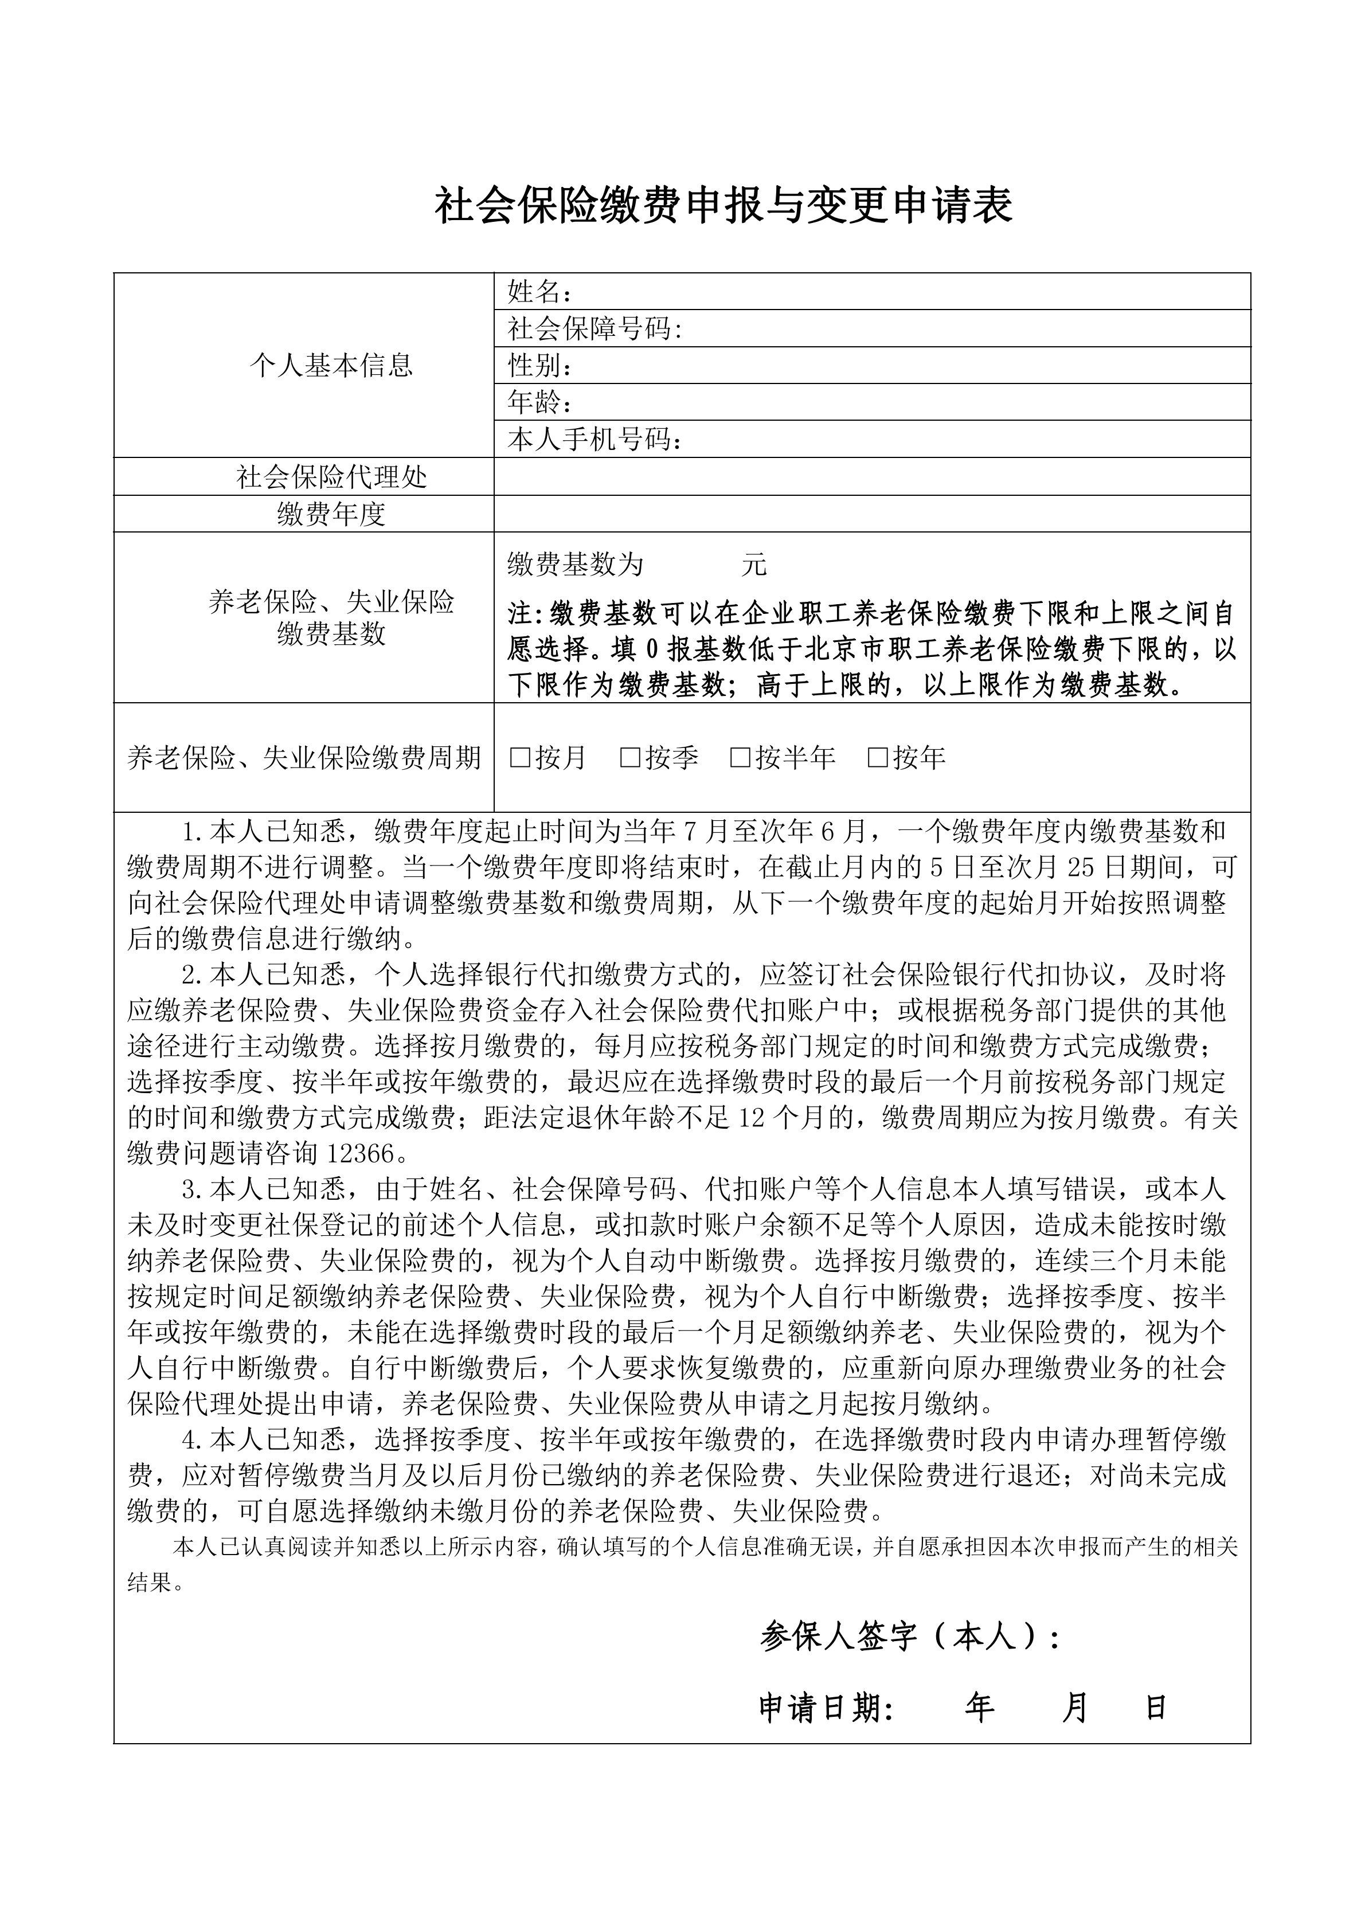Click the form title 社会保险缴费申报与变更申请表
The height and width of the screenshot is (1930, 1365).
click(723, 206)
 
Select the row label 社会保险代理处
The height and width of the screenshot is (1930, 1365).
click(331, 477)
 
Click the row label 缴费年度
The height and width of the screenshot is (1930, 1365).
click(331, 514)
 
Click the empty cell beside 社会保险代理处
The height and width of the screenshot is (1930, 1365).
click(871, 476)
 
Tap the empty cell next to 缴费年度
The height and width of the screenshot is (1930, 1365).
click(871, 514)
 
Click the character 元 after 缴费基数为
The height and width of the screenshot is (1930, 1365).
click(754, 565)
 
